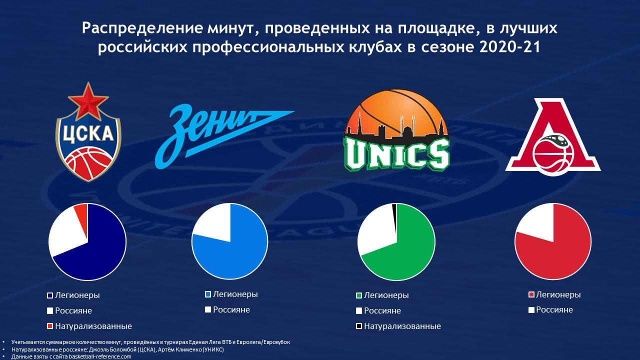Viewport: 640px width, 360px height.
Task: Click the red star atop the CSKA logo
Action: pos(88,100)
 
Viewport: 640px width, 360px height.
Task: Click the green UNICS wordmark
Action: pos(396,154)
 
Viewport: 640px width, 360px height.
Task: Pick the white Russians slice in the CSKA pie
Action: pos(65,233)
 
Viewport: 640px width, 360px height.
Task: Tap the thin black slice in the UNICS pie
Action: pos(395,217)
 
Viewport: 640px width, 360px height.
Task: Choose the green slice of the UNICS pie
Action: pos(405,251)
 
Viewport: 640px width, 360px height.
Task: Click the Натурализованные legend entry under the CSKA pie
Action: pos(89,326)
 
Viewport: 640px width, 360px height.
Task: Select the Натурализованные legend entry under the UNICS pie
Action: pos(398,326)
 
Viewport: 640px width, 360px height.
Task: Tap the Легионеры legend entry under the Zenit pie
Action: pos(231,294)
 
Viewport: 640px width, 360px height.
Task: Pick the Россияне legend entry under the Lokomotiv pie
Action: pos(550,309)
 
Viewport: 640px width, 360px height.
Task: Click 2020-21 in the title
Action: pos(509,47)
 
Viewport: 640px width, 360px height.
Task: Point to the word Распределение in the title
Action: pos(142,28)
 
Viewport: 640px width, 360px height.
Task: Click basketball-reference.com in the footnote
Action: pos(99,356)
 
